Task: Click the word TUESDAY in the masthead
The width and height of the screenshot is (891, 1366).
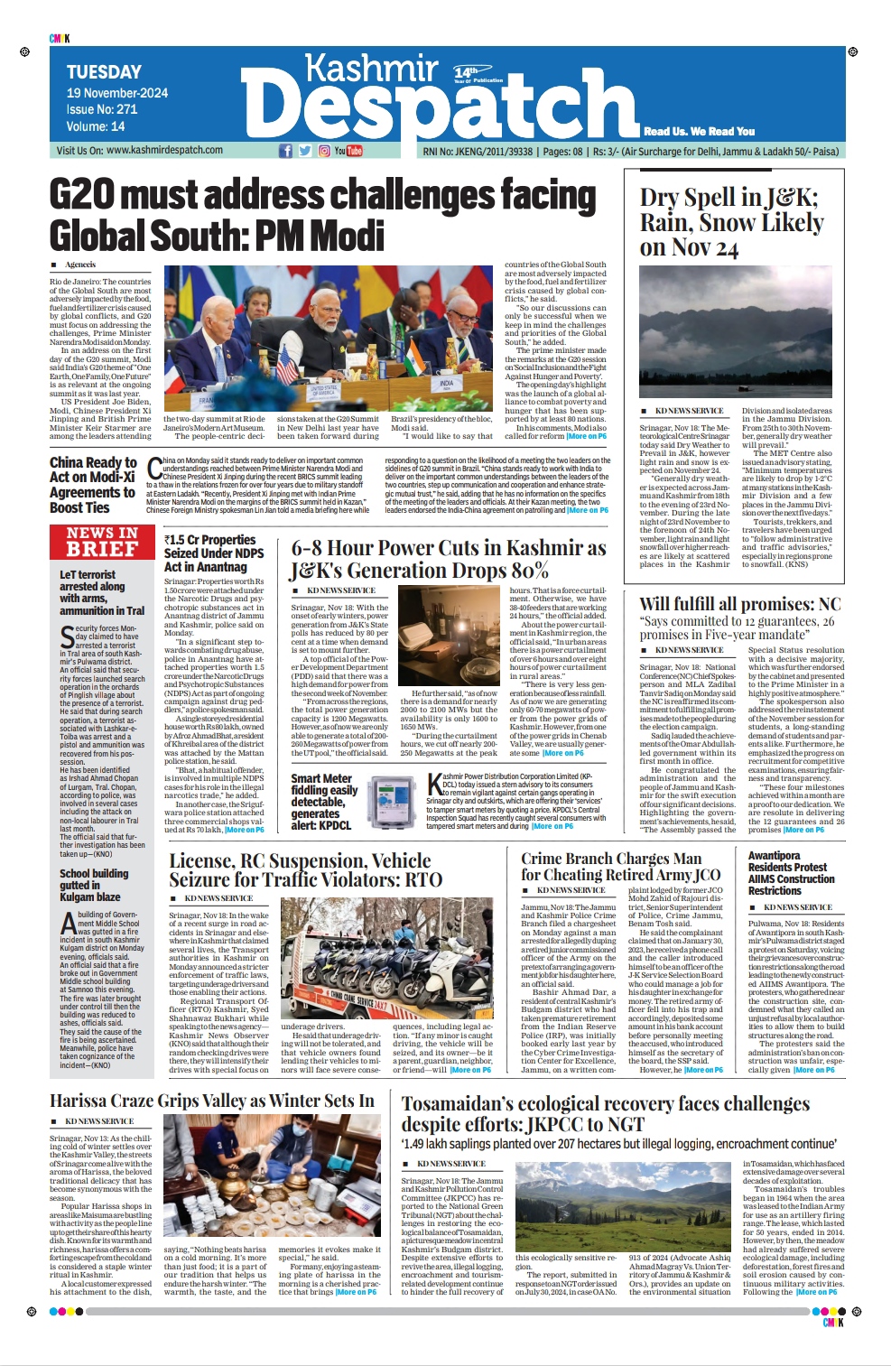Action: click(104, 72)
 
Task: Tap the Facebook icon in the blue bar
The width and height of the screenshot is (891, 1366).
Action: click(285, 151)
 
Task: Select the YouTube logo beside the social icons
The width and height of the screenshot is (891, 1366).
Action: click(348, 151)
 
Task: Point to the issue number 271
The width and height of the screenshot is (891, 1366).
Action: click(126, 109)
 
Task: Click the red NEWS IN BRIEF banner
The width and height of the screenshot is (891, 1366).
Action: click(103, 542)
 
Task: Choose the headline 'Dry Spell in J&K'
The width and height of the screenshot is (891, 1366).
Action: click(731, 222)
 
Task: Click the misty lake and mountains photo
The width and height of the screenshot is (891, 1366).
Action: click(736, 330)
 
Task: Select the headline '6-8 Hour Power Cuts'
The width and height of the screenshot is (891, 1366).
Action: click(448, 560)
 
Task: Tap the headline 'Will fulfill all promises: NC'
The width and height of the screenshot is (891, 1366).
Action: click(739, 604)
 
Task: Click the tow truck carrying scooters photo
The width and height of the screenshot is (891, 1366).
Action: click(387, 959)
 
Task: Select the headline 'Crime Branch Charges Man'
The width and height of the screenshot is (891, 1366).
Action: click(620, 866)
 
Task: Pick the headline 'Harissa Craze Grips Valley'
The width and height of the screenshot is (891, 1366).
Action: click(211, 1101)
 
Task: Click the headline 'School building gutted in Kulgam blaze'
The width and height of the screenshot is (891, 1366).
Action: click(94, 885)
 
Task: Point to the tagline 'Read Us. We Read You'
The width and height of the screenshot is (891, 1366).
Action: click(699, 131)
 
